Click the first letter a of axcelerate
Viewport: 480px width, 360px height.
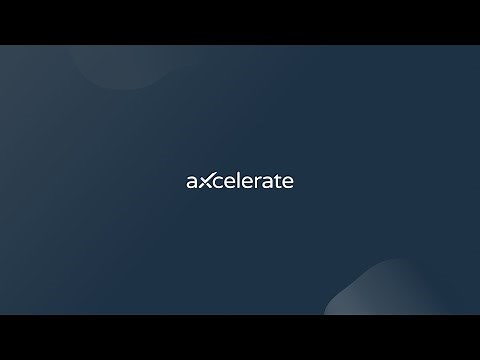[x=192, y=182]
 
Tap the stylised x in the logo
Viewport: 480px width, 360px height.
[x=206, y=181]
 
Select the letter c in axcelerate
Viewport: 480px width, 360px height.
[x=220, y=182]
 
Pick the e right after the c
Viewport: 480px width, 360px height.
[x=232, y=182]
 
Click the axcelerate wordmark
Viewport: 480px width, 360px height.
[x=240, y=181]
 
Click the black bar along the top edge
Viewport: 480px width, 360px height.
[x=240, y=22]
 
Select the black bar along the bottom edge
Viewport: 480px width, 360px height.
[x=240, y=337]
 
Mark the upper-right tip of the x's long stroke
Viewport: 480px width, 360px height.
[x=215, y=174]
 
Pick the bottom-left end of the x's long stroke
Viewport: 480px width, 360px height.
[x=199, y=188]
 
